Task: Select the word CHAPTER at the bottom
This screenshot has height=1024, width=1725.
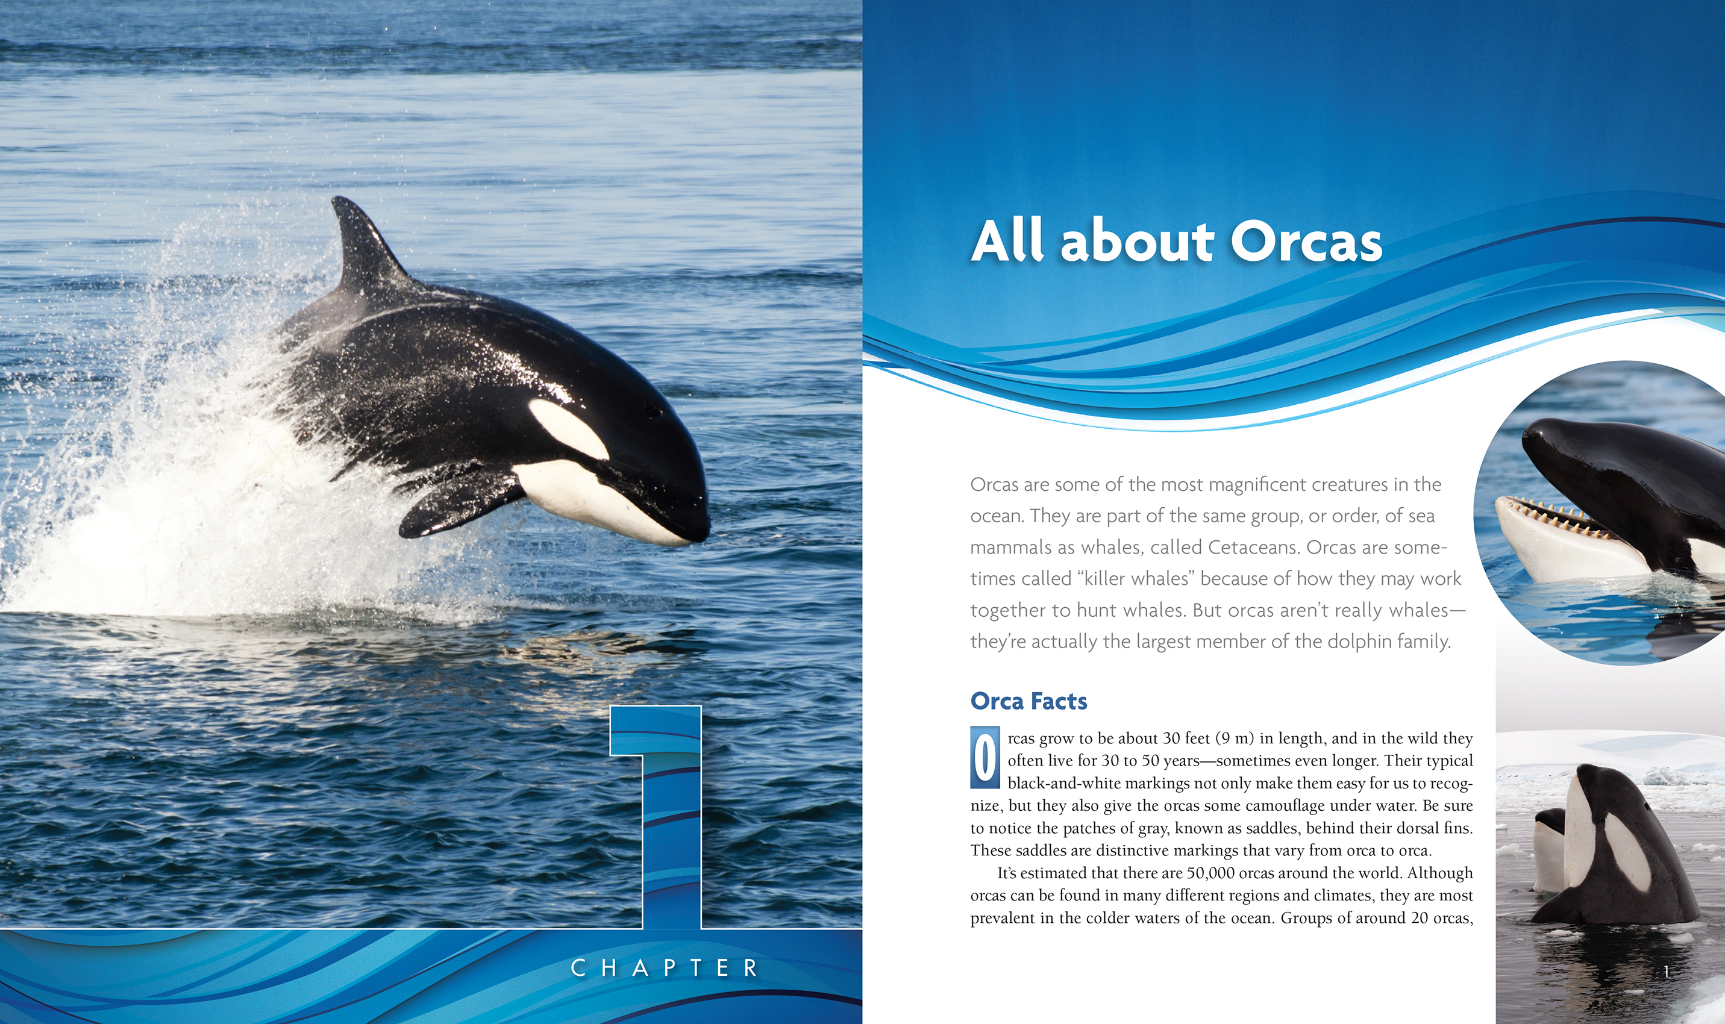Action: point(665,967)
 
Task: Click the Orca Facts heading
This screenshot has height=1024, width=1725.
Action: point(1028,701)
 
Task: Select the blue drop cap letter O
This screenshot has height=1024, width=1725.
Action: point(985,757)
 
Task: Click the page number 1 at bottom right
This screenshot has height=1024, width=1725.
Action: point(1667,972)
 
